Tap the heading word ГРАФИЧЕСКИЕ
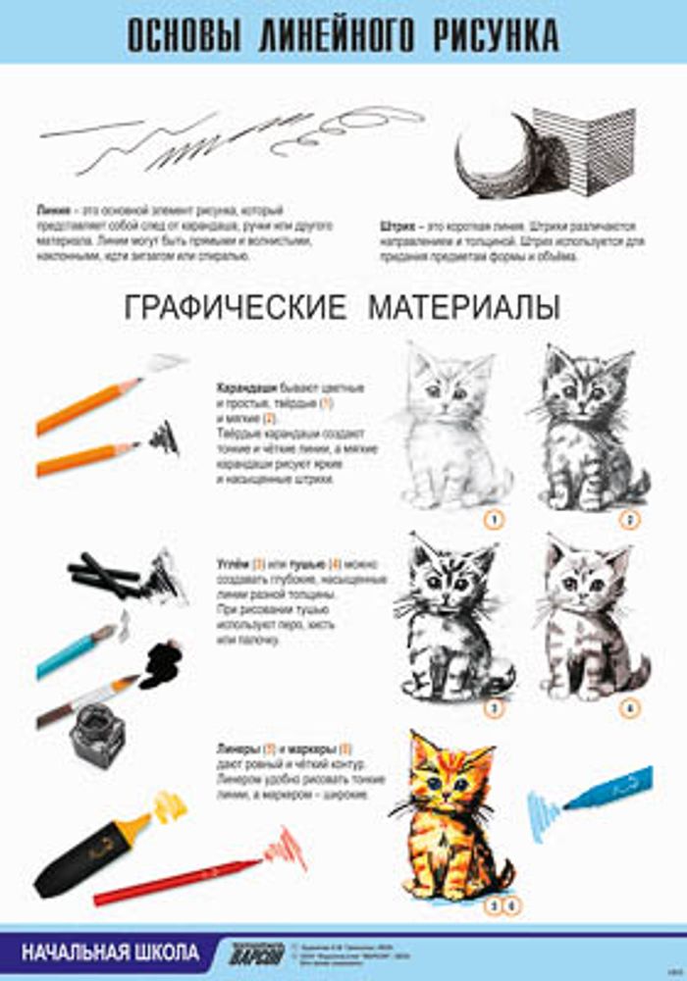pyautogui.click(x=235, y=307)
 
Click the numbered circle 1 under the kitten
pyautogui.click(x=495, y=519)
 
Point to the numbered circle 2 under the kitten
pyautogui.click(x=629, y=519)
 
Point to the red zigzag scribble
pyautogui.click(x=284, y=845)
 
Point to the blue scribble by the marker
pyautogui.click(x=543, y=811)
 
